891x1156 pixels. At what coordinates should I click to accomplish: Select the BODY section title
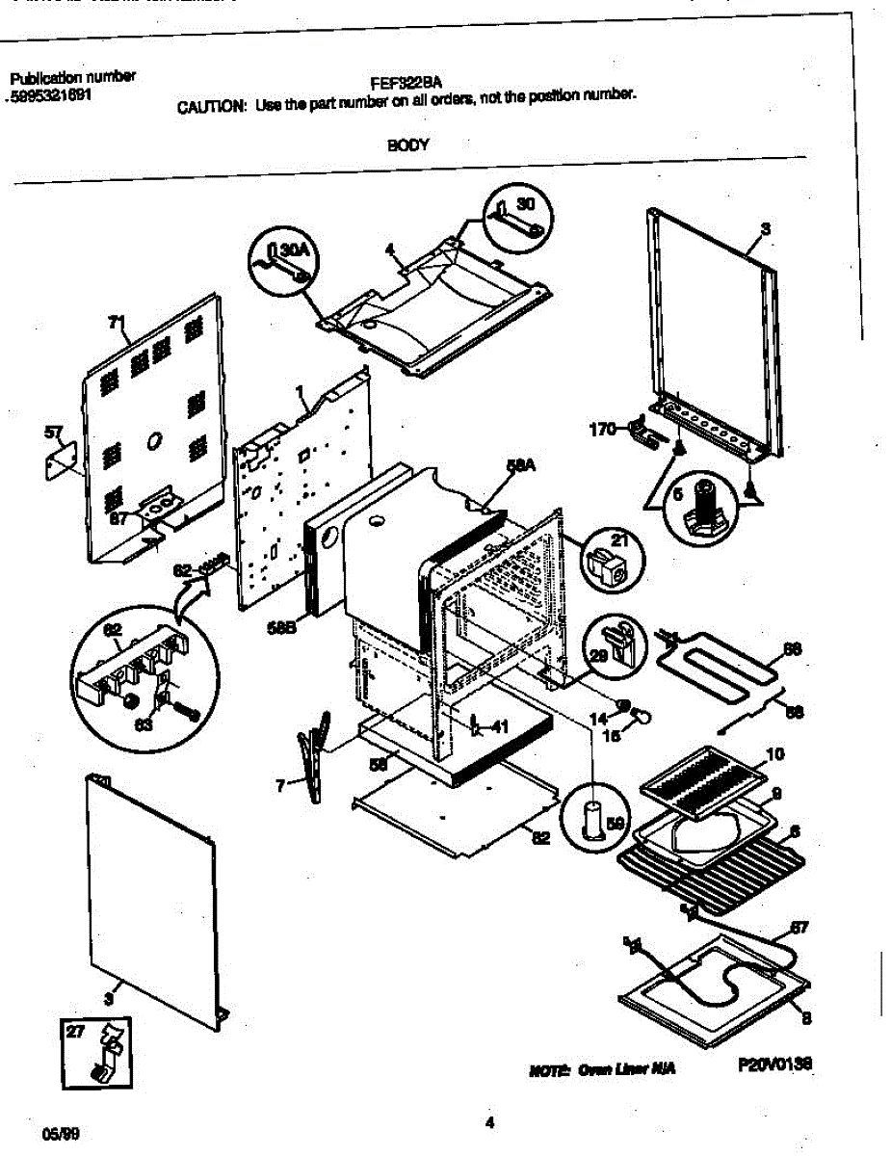pos(407,145)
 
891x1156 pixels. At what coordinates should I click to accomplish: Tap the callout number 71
pos(117,324)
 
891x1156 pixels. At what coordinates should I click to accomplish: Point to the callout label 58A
pos(520,466)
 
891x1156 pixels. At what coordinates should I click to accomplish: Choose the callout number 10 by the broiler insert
pos(774,752)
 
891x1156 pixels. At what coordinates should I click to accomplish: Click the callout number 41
pos(498,727)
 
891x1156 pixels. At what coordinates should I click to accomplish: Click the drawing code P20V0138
pos(775,1064)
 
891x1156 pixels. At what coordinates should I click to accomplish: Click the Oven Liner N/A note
pos(597,1070)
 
